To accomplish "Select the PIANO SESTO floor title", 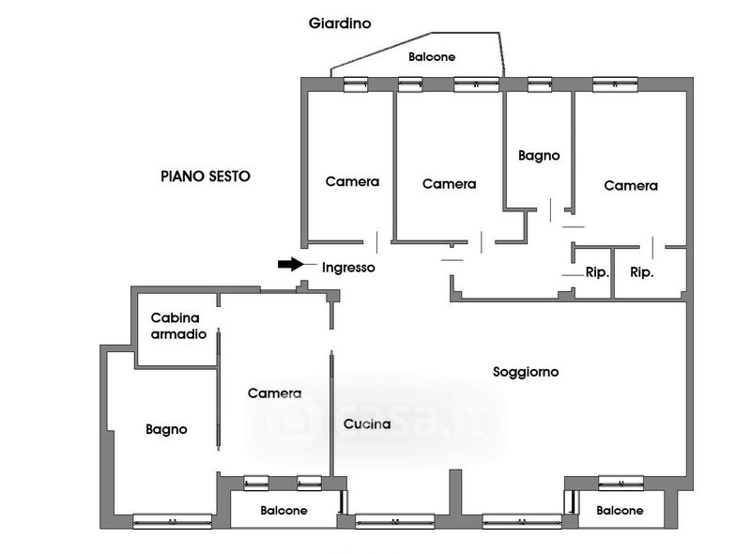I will [x=206, y=176].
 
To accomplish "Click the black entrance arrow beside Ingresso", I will [x=292, y=265].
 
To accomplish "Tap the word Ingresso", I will [x=348, y=268].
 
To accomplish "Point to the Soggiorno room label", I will [x=526, y=372].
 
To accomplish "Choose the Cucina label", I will [x=366, y=423].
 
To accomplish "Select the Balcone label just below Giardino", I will [x=432, y=57].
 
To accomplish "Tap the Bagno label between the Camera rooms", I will [x=539, y=156].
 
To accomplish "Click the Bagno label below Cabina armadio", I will [x=166, y=429].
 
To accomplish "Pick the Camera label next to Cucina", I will [x=274, y=393].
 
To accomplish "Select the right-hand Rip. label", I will [x=642, y=273].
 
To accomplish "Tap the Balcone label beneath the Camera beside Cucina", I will [x=284, y=511].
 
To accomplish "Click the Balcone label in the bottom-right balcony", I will [x=620, y=511].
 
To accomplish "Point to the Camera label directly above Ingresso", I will [x=352, y=181].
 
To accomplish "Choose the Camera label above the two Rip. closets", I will [x=631, y=186].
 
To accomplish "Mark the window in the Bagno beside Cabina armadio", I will [x=172, y=520].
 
